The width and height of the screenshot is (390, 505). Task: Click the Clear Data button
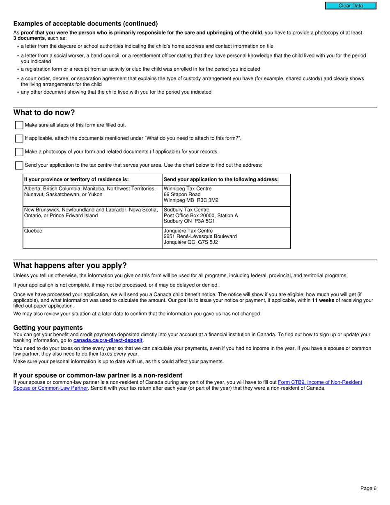[x=351, y=6]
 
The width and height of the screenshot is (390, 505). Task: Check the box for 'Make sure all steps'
[x=19, y=125]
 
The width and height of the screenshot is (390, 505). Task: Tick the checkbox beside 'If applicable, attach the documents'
[x=19, y=139]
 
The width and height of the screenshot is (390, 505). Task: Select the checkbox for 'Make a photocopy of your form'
[x=19, y=152]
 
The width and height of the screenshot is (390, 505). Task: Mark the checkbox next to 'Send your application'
[x=19, y=165]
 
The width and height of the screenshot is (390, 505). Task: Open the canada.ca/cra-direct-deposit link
[x=108, y=340]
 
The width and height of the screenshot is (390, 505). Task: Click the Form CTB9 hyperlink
[x=320, y=382]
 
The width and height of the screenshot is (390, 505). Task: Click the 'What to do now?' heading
[x=44, y=112]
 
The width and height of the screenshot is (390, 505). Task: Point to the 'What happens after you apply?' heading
[x=70, y=265]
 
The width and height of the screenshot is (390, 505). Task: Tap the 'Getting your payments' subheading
[x=48, y=327]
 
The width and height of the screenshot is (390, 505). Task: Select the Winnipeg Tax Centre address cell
[x=226, y=195]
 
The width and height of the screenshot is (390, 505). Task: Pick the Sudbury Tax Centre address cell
[x=226, y=216]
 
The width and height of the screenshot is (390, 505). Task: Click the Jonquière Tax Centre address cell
[x=226, y=237]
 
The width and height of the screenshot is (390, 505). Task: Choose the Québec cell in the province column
[x=92, y=237]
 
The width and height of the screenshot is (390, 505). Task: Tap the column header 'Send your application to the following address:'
[x=226, y=179]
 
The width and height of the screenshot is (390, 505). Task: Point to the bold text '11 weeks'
[x=323, y=300]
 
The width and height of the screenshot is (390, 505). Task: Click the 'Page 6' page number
[x=368, y=488]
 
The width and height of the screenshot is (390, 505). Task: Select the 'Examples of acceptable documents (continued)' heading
[x=85, y=24]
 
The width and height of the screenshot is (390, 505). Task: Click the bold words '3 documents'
[x=29, y=38]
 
